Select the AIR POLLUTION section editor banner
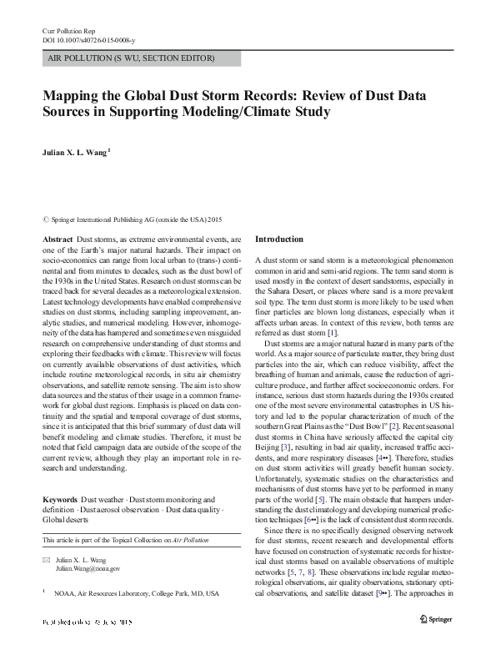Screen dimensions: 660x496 coord(131,58)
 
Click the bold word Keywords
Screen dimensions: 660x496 coord(62,499)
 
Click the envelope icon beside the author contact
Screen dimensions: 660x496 coord(47,559)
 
